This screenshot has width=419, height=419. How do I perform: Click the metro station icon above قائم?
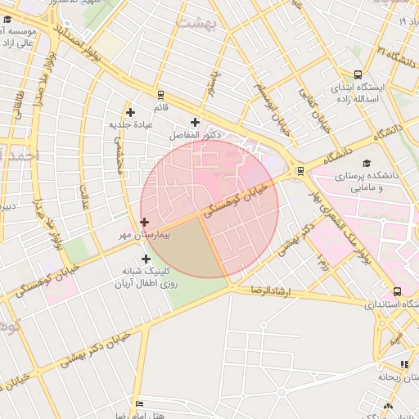pos(161,94)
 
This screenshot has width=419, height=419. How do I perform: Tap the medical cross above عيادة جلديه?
pos(130,112)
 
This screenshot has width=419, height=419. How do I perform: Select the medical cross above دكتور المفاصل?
pos(195,122)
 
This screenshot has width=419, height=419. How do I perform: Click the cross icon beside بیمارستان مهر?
pos(145,222)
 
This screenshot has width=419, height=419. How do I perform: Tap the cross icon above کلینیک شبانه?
pos(146,259)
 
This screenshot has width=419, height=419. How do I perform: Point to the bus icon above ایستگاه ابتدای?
pos(358,74)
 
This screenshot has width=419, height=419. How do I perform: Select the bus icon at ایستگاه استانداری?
pos(398,291)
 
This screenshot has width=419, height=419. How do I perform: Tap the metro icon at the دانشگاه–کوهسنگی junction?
pos(301,171)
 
